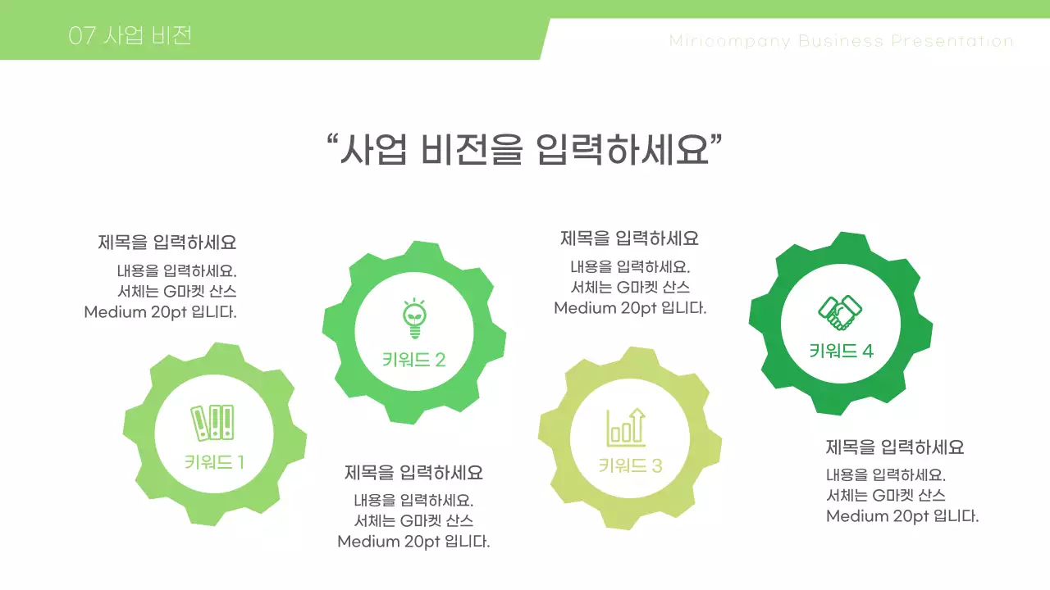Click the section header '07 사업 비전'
[x=130, y=36]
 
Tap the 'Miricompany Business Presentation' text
[x=841, y=41]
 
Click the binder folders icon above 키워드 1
[x=212, y=423]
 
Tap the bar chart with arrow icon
[x=626, y=427]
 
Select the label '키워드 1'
[x=214, y=462]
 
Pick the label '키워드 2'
[x=413, y=360]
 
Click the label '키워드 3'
[x=630, y=466]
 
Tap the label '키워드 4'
[x=841, y=352]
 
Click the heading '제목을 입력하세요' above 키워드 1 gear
[x=167, y=243]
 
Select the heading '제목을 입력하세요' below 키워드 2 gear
[x=413, y=473]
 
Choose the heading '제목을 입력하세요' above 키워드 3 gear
[x=629, y=238]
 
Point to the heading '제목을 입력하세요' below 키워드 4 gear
[x=894, y=447]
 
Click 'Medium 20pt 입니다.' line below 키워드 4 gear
[x=902, y=516]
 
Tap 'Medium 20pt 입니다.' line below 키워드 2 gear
[x=413, y=542]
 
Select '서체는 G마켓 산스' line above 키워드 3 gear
[x=630, y=288]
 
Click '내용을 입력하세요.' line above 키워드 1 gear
[x=176, y=271]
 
